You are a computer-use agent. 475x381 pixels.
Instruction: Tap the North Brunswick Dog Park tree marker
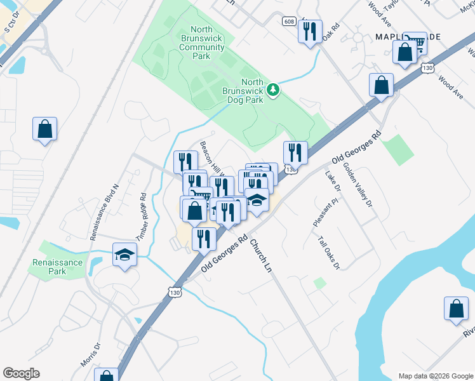click(273, 90)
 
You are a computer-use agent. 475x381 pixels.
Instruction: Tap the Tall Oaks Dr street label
click(330, 253)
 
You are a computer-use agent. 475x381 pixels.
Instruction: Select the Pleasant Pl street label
click(326, 212)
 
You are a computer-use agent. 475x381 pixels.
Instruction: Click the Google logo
click(21, 373)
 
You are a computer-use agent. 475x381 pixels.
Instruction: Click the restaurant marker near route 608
click(309, 30)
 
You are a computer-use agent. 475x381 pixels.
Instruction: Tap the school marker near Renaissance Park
click(125, 255)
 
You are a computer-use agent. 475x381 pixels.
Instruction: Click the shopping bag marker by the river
click(456, 309)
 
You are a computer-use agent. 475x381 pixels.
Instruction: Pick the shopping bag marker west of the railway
click(45, 129)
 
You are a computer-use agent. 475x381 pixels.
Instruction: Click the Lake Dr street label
click(333, 182)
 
